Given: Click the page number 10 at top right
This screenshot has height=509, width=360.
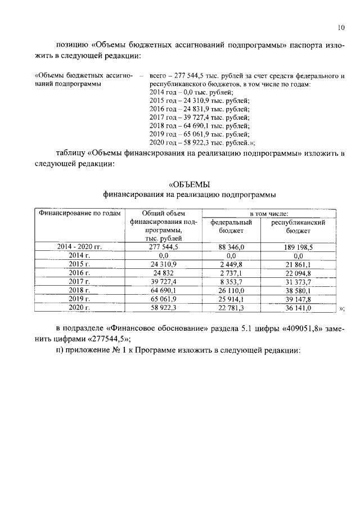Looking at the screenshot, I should point(341,26).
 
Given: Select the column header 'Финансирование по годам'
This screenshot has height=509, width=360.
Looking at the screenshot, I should point(79,214).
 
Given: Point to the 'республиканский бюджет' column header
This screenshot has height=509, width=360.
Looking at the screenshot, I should point(298,226).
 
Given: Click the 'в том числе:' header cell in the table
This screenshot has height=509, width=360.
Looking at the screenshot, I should point(269,214).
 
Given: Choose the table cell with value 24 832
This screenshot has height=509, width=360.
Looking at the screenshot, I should point(163,273).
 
